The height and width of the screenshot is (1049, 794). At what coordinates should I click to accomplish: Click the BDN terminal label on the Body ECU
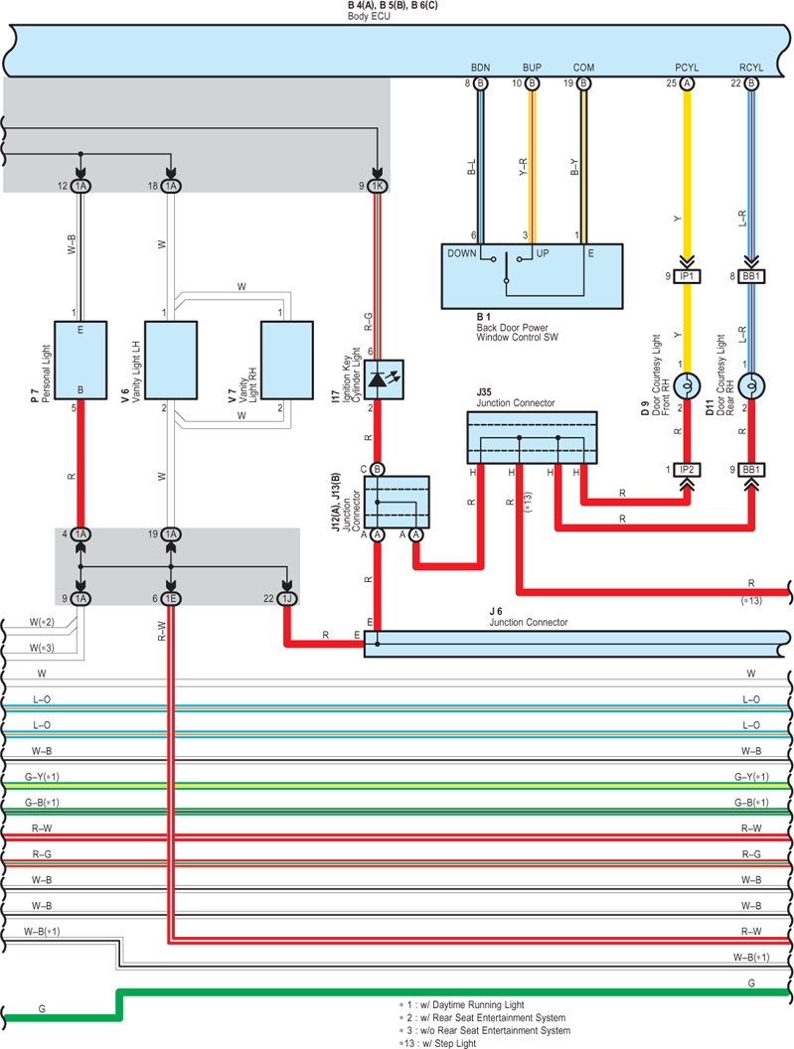point(480,68)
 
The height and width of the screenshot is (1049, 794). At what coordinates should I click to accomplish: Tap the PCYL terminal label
point(687,68)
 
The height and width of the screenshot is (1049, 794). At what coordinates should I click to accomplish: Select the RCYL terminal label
point(751,68)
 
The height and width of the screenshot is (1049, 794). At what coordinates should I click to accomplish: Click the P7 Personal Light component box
point(80,360)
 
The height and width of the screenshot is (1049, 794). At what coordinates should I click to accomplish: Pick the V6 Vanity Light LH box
point(171,360)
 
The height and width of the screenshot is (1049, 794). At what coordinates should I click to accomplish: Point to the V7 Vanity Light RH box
point(286,360)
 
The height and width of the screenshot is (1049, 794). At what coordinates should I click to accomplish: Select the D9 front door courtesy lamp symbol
point(687,386)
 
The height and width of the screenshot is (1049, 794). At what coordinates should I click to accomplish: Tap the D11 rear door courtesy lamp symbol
point(751,386)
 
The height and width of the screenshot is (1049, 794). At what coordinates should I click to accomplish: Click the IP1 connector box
point(687,276)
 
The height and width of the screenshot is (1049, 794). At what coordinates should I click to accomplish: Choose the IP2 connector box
point(687,470)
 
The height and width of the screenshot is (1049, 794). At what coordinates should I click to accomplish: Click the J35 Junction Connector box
point(532,437)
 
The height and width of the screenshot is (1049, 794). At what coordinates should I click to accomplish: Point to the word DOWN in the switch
point(462,253)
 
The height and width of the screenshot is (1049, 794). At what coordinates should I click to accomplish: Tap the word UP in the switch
point(543,253)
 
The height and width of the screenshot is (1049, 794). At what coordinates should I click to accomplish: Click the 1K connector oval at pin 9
point(377,186)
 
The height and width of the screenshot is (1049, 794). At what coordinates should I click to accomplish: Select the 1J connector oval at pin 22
point(287,599)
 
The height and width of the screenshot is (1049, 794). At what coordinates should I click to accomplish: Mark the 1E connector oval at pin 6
point(171,599)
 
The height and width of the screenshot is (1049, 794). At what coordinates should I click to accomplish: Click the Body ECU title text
point(369,16)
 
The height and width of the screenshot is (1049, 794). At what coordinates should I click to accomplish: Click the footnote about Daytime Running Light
point(462,1005)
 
